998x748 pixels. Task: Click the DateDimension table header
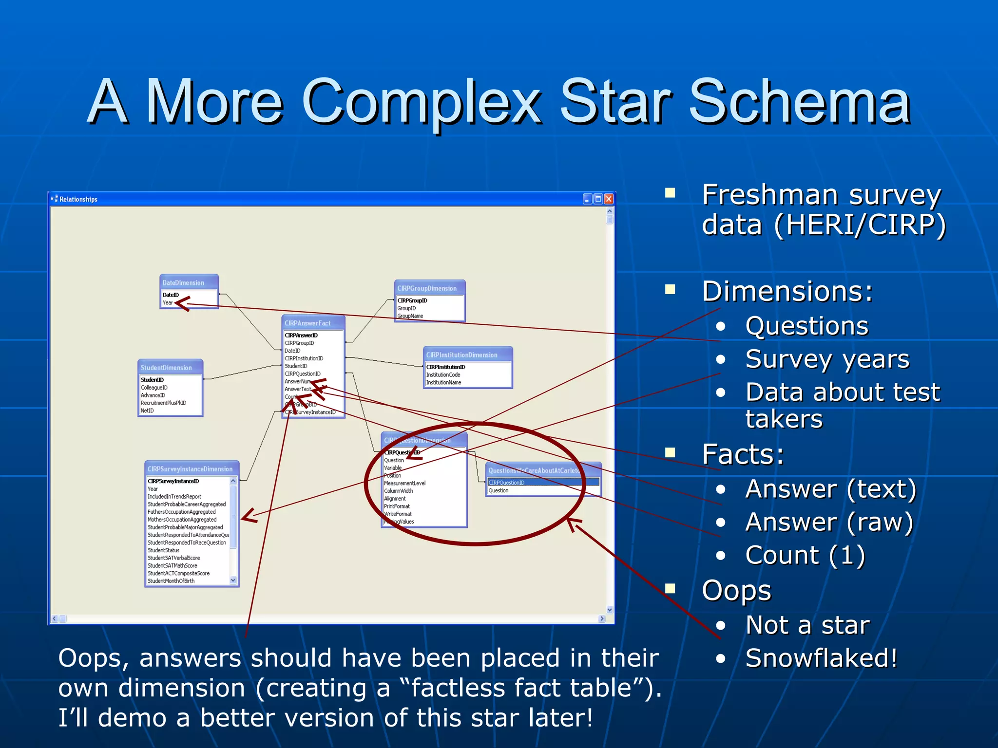(x=184, y=282)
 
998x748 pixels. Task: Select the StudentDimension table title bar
(x=166, y=368)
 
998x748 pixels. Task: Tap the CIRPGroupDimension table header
(x=427, y=288)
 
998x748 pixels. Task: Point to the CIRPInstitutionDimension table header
(x=461, y=355)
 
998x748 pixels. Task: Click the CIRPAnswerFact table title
(x=307, y=323)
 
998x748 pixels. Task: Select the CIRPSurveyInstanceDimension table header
(x=190, y=469)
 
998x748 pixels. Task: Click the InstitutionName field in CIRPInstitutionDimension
(x=443, y=383)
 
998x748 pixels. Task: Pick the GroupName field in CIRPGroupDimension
(x=410, y=316)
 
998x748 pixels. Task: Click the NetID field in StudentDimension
(x=147, y=411)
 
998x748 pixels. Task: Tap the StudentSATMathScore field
(x=173, y=566)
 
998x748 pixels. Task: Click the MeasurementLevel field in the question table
(x=404, y=484)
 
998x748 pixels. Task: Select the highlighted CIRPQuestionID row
(x=543, y=483)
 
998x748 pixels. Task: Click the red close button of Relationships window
(x=609, y=199)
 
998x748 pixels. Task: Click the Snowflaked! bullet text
(x=821, y=658)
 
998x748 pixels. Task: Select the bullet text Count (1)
(x=805, y=555)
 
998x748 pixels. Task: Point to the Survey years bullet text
(x=827, y=359)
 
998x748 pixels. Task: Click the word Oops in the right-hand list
(x=736, y=591)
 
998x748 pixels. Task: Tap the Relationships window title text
(x=78, y=199)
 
